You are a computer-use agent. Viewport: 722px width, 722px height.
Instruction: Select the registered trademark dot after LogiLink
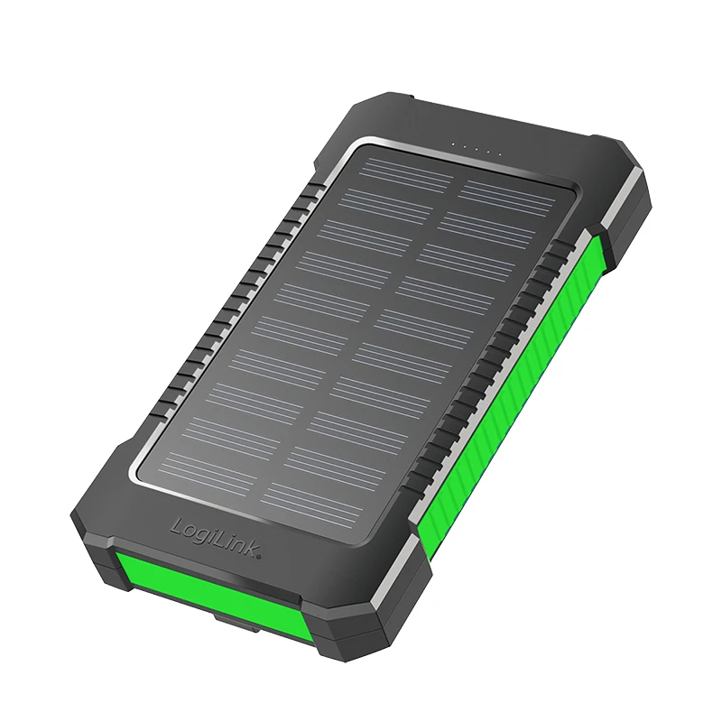(260, 558)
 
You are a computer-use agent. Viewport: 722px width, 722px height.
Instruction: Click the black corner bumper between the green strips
(361, 623)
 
